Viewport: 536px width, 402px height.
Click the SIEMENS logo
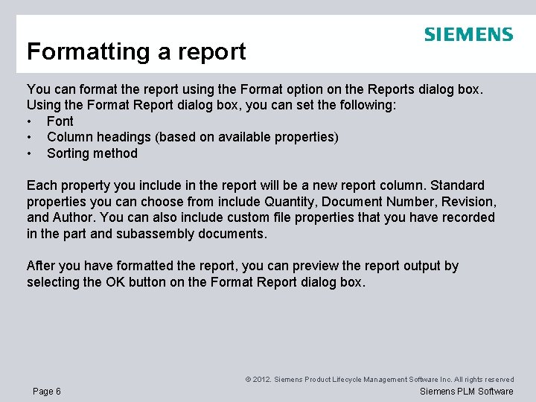[x=468, y=34]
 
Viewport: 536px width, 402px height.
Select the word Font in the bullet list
[x=60, y=121]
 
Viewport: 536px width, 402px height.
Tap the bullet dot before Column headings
[x=29, y=137]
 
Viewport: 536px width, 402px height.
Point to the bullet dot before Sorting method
[x=29, y=153]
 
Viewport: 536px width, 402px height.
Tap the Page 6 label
[x=47, y=392]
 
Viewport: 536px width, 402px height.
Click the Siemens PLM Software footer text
[x=467, y=392]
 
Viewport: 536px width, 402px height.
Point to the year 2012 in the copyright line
[x=261, y=380]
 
